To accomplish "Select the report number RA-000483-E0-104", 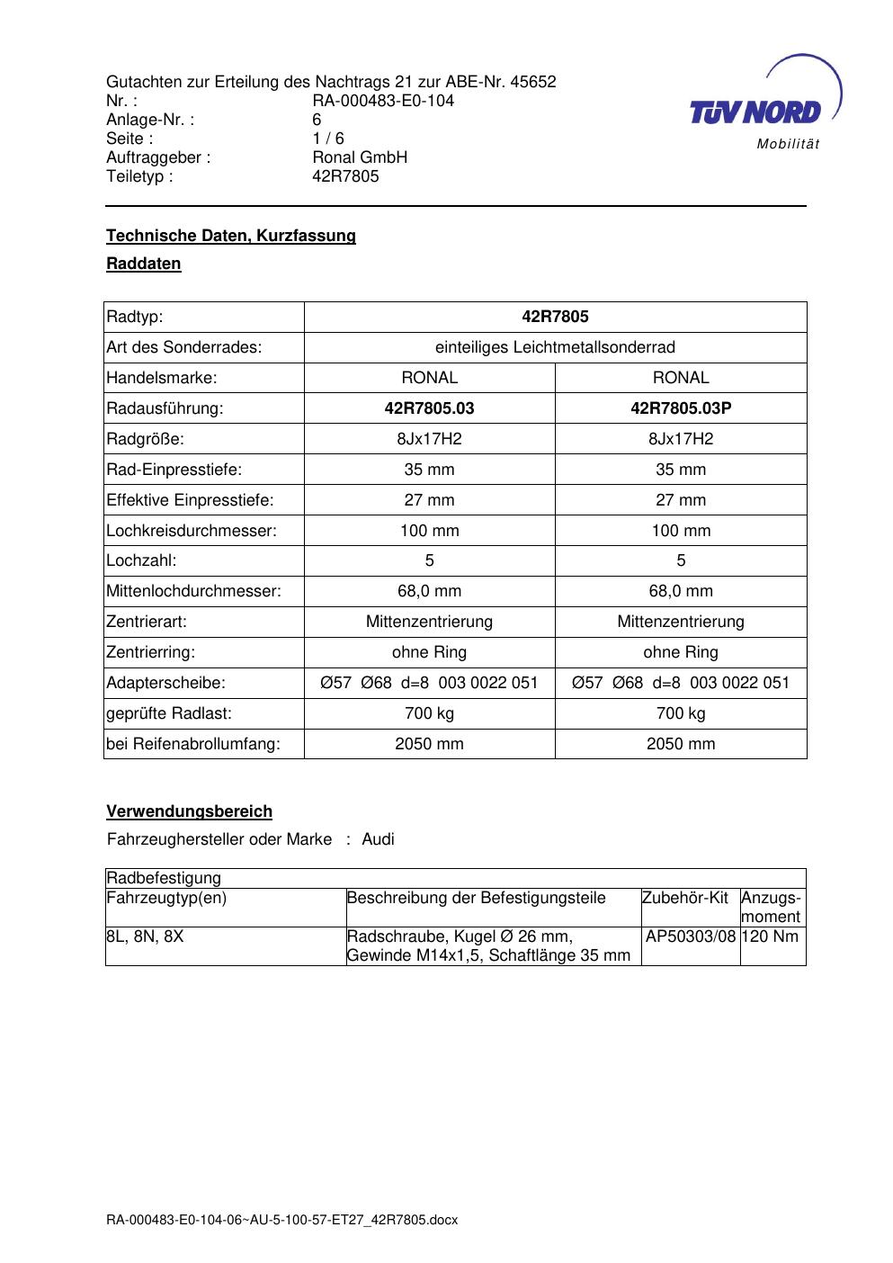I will coord(383,101).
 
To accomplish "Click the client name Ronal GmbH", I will coord(360,157).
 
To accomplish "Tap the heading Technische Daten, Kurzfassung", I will coord(231,236).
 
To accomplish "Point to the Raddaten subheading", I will coord(144,264).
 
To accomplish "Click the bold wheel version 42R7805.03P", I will coord(681,408).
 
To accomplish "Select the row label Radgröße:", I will coord(145,439).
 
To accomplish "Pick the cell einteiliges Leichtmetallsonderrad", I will coord(555,347).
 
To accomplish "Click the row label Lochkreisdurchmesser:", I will coord(192,531).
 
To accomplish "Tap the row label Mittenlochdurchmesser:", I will coord(193,591).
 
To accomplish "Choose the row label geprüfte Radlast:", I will coord(169,713).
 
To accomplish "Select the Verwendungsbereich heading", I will coord(189,811).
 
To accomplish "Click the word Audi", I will coord(378,839).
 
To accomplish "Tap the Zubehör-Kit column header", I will coord(684,898).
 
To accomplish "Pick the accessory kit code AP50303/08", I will coord(691,936).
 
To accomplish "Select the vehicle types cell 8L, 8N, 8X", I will coord(145,936).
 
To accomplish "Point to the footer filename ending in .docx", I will coord(282,1220).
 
